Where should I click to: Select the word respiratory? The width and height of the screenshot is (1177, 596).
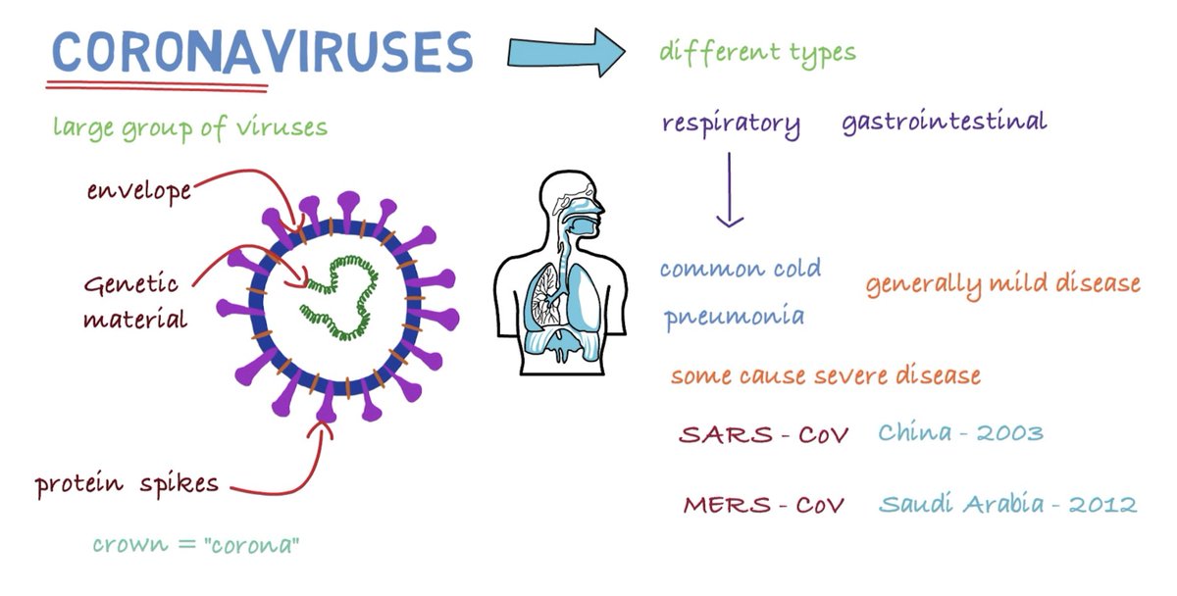tap(731, 124)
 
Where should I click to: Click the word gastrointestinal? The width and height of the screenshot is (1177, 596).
tap(944, 123)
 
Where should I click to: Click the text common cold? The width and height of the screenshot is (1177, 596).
tap(740, 269)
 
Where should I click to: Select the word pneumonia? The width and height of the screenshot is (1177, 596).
tap(734, 317)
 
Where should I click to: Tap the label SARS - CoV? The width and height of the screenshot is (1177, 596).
tap(764, 433)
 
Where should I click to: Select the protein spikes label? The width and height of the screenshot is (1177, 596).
tap(127, 483)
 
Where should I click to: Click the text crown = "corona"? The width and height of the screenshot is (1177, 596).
tap(195, 545)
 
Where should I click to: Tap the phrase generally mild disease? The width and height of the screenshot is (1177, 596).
tap(1002, 284)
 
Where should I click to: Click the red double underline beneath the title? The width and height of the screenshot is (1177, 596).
tap(157, 86)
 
